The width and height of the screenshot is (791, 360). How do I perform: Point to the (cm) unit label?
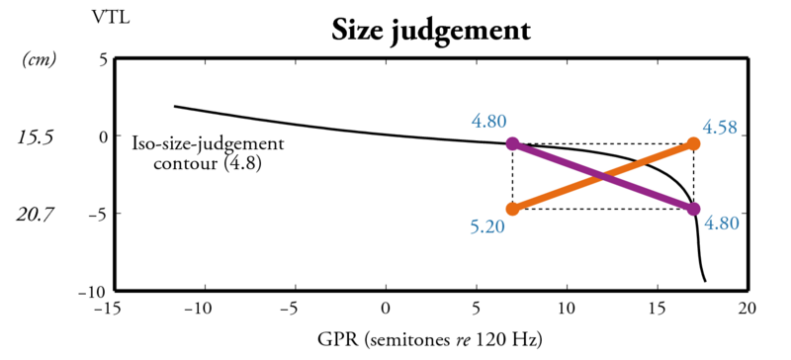39,60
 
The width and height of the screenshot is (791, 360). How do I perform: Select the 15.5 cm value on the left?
38,136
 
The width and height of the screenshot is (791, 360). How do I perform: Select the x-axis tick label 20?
747,309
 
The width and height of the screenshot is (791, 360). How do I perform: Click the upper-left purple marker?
512,144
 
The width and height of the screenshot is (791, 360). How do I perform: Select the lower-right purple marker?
693,209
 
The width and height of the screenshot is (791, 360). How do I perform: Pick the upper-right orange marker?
693,144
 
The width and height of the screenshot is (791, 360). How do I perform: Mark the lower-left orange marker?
512,209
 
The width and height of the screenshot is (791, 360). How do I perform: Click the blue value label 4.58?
720,128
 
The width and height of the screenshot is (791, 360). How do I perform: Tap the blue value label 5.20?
488,227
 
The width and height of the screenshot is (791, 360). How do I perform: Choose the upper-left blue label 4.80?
489,122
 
